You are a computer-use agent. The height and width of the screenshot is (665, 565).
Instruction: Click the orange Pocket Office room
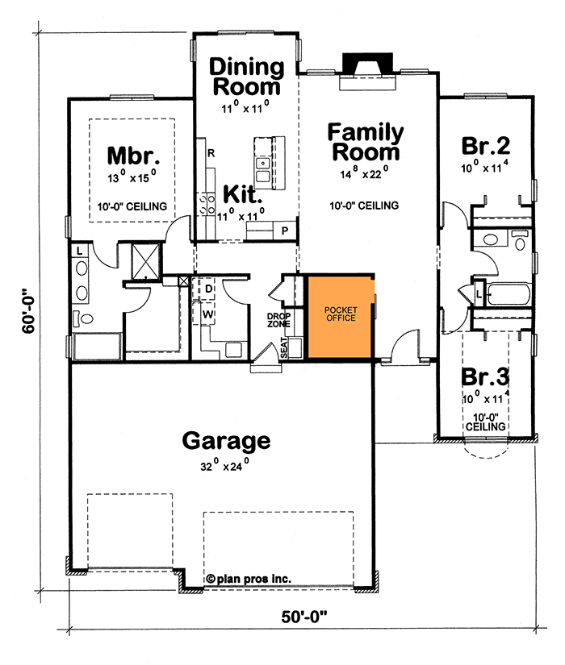339,316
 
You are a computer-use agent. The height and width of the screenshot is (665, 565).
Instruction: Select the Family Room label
365,142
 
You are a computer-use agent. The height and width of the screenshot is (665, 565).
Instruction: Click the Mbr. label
129,154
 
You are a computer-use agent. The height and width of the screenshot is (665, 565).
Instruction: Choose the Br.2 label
486,146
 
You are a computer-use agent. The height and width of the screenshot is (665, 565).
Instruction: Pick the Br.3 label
486,376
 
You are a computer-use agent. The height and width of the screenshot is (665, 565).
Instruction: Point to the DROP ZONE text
278,320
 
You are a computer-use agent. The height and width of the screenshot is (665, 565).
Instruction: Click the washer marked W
208,312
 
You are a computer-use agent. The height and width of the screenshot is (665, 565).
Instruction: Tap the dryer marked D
208,288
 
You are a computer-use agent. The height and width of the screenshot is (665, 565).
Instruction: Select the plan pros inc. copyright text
249,578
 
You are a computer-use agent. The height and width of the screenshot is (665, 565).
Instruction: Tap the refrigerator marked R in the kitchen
210,152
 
